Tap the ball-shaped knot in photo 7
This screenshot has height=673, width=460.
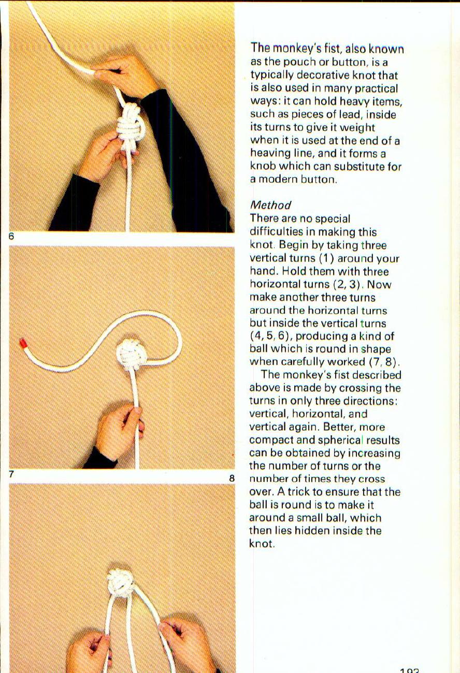pos(129,355)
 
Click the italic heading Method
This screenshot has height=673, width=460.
pos(270,205)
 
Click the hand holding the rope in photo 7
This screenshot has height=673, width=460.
pos(120,430)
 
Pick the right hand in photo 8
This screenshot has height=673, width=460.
pos(186,645)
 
